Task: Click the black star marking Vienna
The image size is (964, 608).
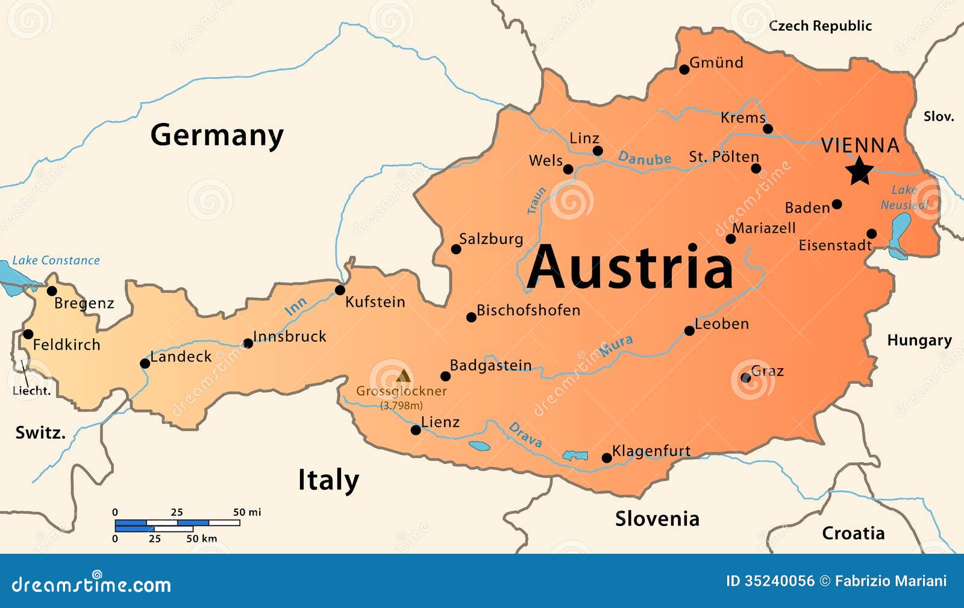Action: [x=859, y=171]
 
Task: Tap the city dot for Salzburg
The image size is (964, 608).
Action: [x=456, y=249]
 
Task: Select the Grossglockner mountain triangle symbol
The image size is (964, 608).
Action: [x=403, y=377]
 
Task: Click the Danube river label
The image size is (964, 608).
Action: [x=644, y=158]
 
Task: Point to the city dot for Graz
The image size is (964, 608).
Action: [x=746, y=378]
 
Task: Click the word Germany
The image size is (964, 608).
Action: [x=216, y=135]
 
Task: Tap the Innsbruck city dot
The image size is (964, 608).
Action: [x=248, y=343]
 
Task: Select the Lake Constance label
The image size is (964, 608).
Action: [x=56, y=260]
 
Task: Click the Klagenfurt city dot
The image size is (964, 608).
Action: [x=607, y=458]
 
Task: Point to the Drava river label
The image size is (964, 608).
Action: [x=525, y=435]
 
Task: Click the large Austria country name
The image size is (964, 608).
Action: [x=630, y=267]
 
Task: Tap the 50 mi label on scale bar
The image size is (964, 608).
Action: [x=247, y=512]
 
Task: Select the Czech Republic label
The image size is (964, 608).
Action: [x=820, y=26]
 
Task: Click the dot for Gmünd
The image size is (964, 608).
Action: [x=684, y=69]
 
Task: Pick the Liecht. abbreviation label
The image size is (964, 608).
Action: [x=31, y=390]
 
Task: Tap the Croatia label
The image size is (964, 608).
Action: [x=853, y=533]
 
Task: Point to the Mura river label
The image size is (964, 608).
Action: [x=616, y=345]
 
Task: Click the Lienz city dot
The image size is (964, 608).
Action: [x=416, y=430]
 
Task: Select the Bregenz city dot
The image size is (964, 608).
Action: [x=52, y=291]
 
